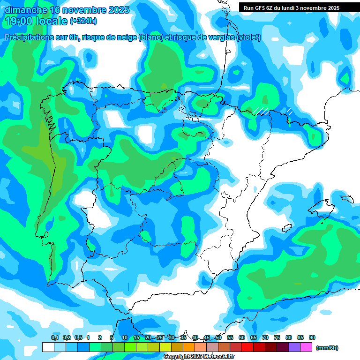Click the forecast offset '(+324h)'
pos(83,21)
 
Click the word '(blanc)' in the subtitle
pos(150,37)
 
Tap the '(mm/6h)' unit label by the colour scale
pos(327,348)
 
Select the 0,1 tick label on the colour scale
pos(55,337)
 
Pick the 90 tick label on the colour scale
pos(312,337)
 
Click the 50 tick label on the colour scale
pos(218,337)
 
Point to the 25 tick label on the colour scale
pos(160,337)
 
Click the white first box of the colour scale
pos(48,347)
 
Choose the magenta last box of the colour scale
pos(306,347)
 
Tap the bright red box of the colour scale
pos(247,347)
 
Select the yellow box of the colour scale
pos(165,347)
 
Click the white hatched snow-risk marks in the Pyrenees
pos(262,111)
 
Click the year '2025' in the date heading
pos(119,10)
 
